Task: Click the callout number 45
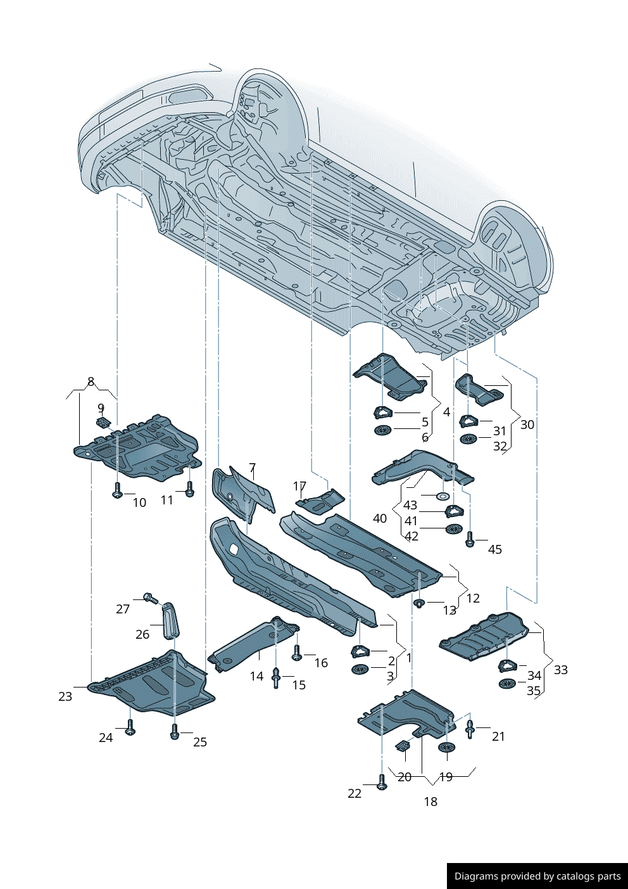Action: [494, 549]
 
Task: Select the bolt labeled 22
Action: [381, 783]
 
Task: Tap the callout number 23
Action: [65, 696]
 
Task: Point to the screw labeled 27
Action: [150, 598]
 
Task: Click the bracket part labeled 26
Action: [171, 620]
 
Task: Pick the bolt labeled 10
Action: [117, 491]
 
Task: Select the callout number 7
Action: [252, 468]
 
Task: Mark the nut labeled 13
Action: [418, 603]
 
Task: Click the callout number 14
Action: [256, 676]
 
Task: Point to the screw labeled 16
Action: [296, 654]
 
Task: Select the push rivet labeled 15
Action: [276, 677]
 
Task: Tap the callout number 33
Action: [560, 670]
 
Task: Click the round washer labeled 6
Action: [382, 431]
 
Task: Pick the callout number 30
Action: [527, 425]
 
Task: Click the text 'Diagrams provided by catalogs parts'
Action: [537, 876]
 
